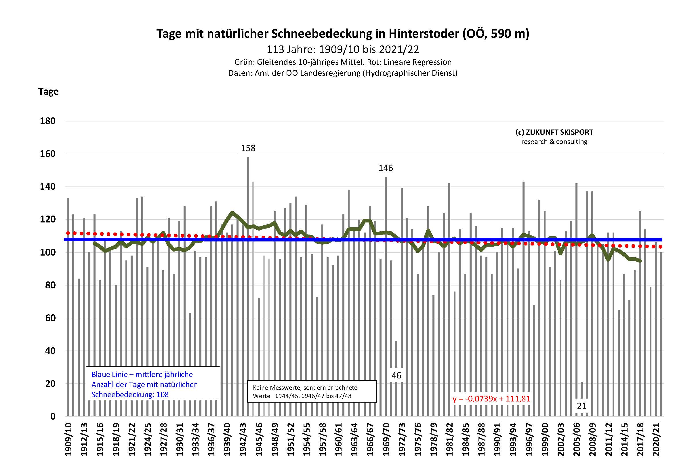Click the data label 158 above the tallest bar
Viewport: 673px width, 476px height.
coord(248,148)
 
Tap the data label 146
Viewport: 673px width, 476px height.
coord(386,168)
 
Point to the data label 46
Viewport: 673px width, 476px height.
coord(396,376)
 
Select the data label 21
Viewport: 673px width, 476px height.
coord(582,406)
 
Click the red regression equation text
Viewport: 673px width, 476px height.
coord(491,399)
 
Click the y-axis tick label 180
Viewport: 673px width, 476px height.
coord(47,121)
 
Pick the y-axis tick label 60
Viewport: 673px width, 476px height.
coord(50,318)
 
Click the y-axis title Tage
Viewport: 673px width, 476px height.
coord(48,92)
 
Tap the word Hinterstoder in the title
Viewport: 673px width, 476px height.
coord(424,34)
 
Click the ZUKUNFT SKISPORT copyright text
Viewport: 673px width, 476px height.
coord(554,132)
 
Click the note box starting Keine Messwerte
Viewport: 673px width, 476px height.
coord(312,392)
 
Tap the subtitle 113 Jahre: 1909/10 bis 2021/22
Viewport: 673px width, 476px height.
coord(343,49)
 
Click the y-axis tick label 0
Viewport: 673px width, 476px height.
coord(53,416)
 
